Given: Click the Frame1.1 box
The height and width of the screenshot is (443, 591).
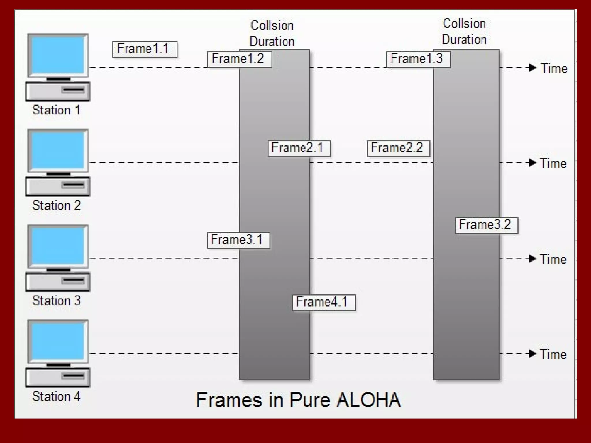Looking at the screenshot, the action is tap(145, 49).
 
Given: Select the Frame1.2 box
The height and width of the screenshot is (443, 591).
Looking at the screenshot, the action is tap(239, 59).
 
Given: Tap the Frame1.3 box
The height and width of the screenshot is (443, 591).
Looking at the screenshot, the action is tap(418, 59).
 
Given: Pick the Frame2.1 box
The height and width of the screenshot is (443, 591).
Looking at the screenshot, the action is tap(299, 149).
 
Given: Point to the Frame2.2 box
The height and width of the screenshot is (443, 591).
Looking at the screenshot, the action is tap(398, 149).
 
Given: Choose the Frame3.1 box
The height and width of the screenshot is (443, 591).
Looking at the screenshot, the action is tap(238, 240).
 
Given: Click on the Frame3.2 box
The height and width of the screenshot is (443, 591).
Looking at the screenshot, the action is tap(486, 225).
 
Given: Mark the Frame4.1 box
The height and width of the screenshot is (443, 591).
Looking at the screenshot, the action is tap(323, 303).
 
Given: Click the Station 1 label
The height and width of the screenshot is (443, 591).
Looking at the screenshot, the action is tap(56, 110).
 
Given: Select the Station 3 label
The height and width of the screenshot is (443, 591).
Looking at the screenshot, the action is tap(56, 301).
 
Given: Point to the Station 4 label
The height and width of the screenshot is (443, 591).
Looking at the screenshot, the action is tap(56, 396).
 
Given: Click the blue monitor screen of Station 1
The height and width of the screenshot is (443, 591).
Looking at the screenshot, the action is tap(58, 55).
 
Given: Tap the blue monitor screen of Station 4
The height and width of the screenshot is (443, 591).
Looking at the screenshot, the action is tap(58, 341).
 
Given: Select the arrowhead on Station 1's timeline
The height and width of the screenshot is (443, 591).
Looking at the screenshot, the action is tap(532, 67).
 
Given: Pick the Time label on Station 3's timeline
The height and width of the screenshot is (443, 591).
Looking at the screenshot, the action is tap(553, 259).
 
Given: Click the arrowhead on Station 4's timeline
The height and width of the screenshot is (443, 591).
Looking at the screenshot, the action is tap(532, 354).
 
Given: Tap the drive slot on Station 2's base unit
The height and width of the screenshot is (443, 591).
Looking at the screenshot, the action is tap(73, 185).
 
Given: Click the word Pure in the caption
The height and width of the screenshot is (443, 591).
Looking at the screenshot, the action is tap(310, 400).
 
